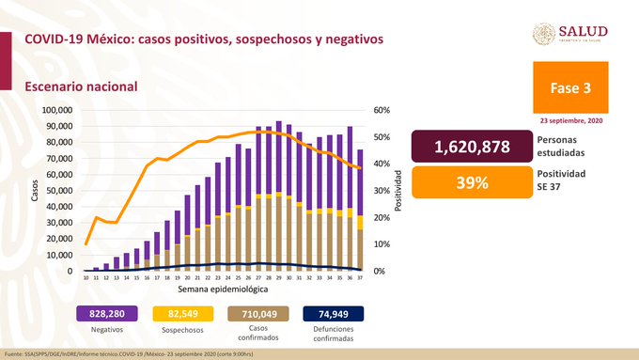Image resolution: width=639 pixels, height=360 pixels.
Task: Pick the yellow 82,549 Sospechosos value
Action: click(x=188, y=313)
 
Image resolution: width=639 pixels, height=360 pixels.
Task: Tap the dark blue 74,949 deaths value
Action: click(x=333, y=313)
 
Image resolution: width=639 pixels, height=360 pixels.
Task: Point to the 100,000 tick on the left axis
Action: click(x=58, y=110)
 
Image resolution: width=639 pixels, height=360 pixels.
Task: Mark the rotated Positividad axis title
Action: click(x=399, y=191)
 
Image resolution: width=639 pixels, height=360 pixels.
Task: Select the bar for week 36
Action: click(x=350, y=199)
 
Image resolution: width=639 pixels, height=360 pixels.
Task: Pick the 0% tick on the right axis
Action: click(x=380, y=272)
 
